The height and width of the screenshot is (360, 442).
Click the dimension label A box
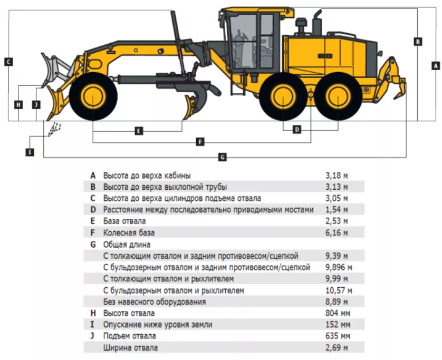[436, 66]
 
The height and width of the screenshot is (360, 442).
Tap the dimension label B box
[418, 42]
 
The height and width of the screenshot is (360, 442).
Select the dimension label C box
[8, 62]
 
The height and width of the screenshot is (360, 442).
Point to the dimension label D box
[297, 130]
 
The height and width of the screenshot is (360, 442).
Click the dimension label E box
[138, 131]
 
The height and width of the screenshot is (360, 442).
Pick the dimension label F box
[200, 141]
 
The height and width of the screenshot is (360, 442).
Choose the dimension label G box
[223, 157]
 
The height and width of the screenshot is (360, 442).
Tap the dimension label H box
[18, 105]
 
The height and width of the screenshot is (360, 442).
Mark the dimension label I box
[30, 152]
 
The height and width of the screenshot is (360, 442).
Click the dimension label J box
[36, 105]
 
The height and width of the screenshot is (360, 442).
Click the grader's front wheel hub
[93, 96]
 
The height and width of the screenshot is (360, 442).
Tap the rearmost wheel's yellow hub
[338, 96]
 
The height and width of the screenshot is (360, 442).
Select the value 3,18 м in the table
[337, 176]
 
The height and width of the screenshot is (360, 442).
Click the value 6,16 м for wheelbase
[337, 232]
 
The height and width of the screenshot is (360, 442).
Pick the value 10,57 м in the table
[339, 290]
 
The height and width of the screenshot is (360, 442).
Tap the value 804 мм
[338, 313]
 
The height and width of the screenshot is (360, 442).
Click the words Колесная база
[129, 232]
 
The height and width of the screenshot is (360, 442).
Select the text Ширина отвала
[130, 347]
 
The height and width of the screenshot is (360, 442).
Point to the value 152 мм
[338, 325]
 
